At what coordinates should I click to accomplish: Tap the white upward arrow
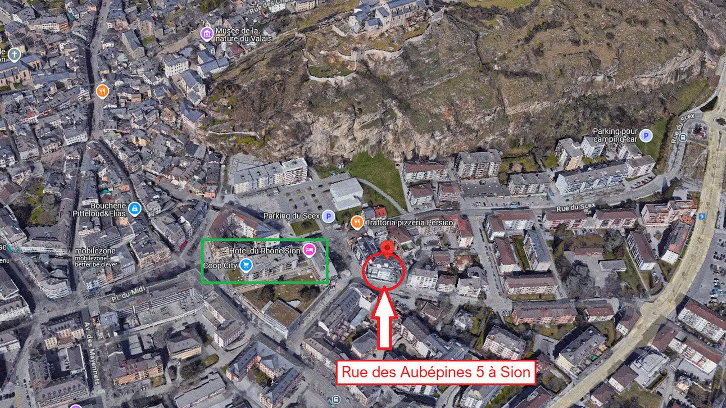[384, 317]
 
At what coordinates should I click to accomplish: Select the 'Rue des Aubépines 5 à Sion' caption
[436, 373]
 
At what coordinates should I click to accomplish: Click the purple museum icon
[207, 34]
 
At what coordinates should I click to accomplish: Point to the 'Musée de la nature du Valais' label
[244, 35]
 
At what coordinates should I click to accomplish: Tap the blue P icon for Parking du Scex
[328, 216]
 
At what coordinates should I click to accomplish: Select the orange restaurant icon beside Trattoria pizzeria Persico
[357, 222]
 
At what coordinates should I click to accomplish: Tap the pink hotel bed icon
[309, 249]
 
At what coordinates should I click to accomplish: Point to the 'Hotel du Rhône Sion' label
[265, 251]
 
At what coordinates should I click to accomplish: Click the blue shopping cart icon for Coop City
[246, 265]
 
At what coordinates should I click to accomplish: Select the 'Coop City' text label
[220, 265]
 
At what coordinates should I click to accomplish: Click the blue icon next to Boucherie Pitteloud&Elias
[134, 209]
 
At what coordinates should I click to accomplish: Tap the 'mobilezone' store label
[95, 251]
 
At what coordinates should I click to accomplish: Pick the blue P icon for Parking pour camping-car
[646, 135]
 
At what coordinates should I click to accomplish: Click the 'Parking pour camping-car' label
[615, 135]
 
